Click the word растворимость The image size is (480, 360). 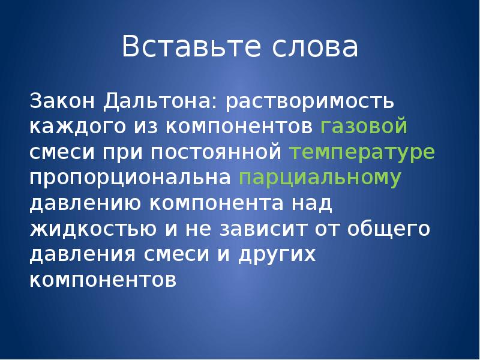pyautogui.click(x=310, y=101)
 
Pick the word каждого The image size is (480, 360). pyautogui.click(x=73, y=127)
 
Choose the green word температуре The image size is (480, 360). pyautogui.click(x=362, y=152)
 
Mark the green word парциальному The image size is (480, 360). pyautogui.click(x=320, y=178)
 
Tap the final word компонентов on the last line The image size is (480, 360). pyautogui.click(x=103, y=281)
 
